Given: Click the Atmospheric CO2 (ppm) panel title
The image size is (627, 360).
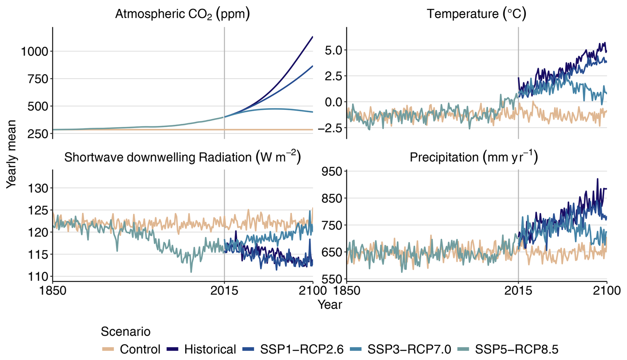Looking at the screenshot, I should pos(182,14).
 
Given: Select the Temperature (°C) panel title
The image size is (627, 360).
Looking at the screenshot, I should pos(476,14).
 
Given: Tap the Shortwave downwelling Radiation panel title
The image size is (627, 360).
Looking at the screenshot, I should pos(182,157).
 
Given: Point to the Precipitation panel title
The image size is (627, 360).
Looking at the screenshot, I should pos(474,157).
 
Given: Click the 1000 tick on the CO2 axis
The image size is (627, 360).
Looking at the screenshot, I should pos(34,51).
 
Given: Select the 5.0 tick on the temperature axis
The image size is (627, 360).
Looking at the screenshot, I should pos(333,50).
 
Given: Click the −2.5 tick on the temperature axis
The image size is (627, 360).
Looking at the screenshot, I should pos(330,128).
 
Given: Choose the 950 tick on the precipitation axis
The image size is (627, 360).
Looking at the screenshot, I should pos(332,172).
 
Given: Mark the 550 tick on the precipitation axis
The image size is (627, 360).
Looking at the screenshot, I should pos(332,279).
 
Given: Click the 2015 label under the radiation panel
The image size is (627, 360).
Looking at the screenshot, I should pos(224,291).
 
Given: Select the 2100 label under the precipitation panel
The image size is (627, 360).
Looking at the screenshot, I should pos(607,291).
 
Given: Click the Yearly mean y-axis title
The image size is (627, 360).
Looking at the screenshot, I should pos(11,154).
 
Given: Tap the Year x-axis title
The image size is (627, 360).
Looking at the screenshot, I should pos(330,305).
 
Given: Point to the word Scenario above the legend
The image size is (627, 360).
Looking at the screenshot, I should pos(126,332).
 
